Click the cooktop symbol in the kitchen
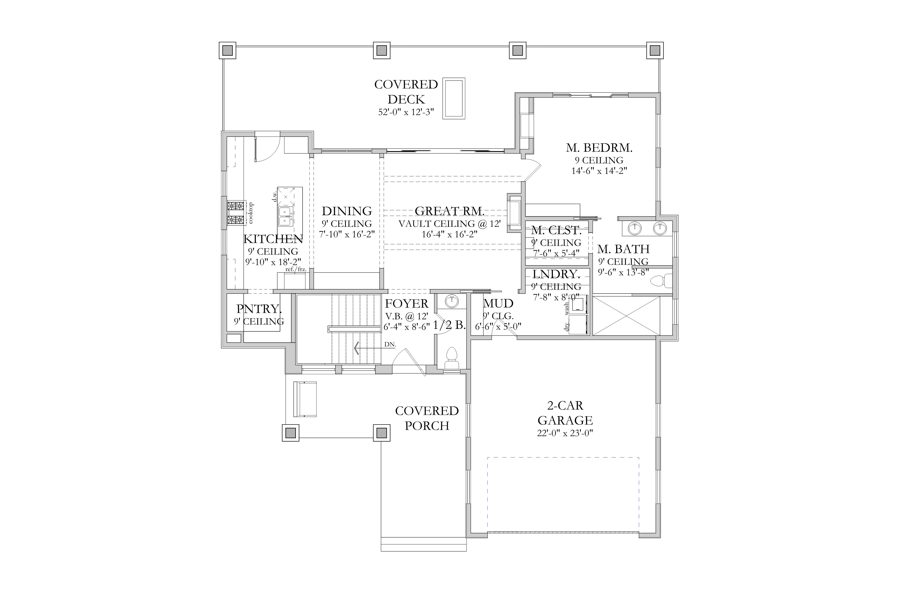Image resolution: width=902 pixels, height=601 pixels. pyautogui.click(x=236, y=213)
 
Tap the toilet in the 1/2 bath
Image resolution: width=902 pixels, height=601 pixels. pyautogui.click(x=451, y=358)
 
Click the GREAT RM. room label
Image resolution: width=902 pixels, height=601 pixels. pyautogui.click(x=450, y=211)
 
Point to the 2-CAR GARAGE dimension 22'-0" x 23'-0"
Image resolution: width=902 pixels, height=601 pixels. pyautogui.click(x=565, y=433)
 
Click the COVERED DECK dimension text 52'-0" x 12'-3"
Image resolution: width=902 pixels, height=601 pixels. pyautogui.click(x=406, y=112)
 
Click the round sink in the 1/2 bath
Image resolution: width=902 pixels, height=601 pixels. pyautogui.click(x=452, y=301)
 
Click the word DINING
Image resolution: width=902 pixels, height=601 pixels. pyautogui.click(x=347, y=211)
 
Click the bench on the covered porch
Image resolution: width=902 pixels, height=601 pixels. pyautogui.click(x=305, y=399)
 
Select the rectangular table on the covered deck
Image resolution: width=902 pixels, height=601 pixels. pyautogui.click(x=454, y=98)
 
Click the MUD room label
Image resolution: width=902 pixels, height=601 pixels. pyautogui.click(x=498, y=304)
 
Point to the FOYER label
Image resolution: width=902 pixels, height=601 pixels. pyautogui.click(x=407, y=304)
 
